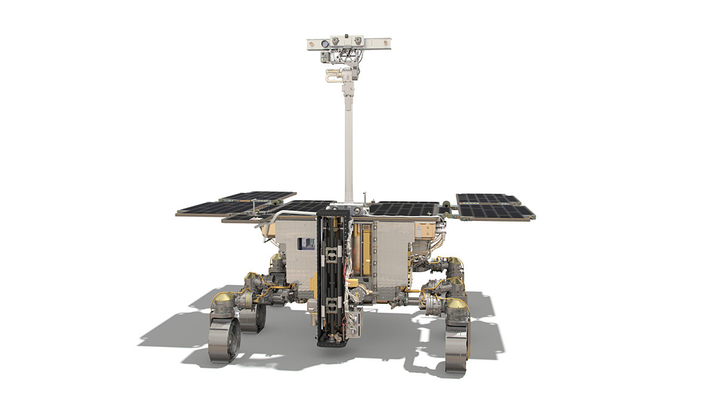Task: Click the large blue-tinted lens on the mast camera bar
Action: [324, 44]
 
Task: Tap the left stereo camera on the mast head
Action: [336, 41]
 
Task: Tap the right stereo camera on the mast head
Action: [358, 41]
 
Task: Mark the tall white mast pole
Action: [348, 143]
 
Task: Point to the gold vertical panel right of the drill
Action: [366, 245]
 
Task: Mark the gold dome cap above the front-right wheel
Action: [458, 305]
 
